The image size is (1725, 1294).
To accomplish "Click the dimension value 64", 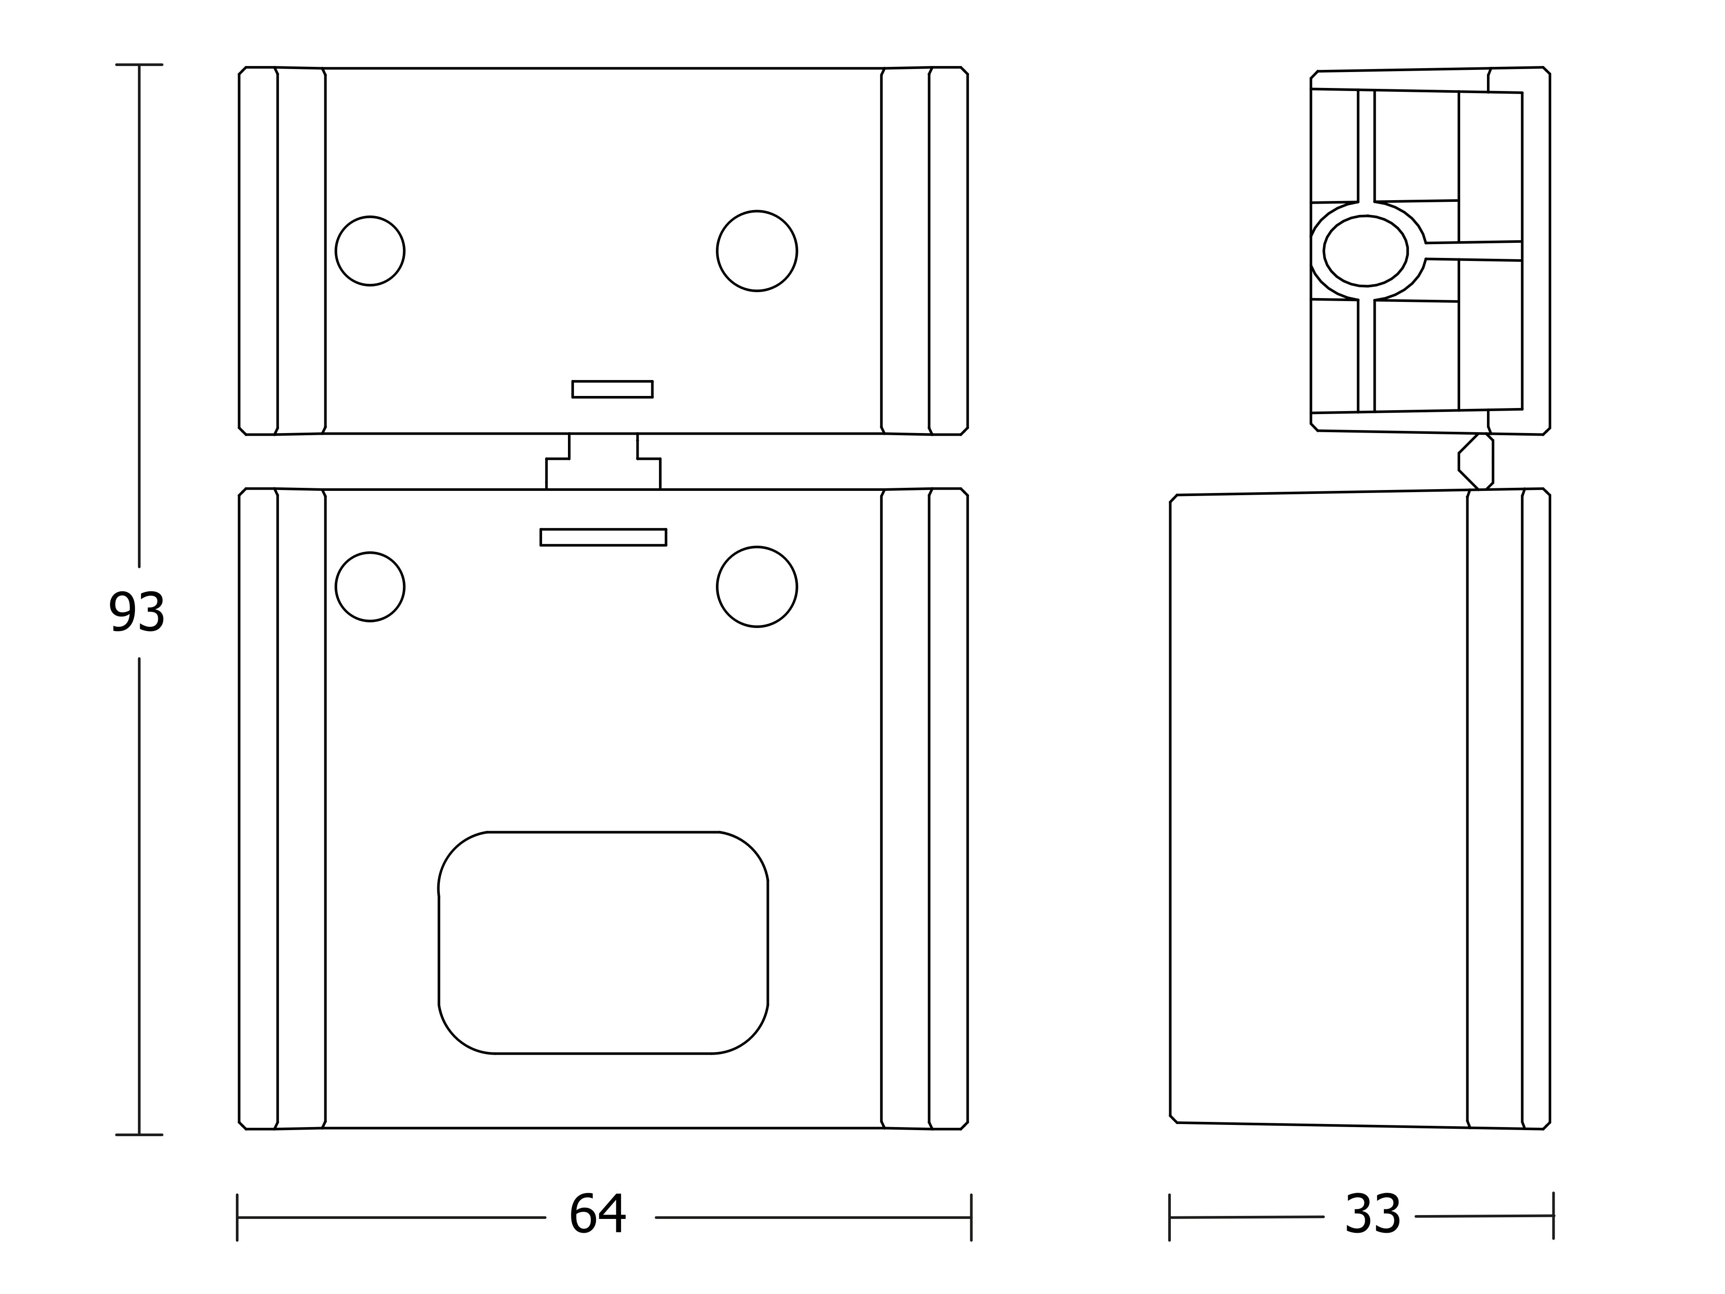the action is click(x=597, y=1215).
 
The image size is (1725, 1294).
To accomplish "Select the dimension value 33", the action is click(x=1373, y=1215).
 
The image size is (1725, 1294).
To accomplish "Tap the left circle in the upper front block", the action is click(x=370, y=251).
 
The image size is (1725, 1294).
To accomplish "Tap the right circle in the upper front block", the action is click(x=756, y=251).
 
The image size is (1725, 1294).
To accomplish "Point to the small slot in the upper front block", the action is click(x=612, y=389).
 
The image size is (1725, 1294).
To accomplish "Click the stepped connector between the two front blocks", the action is click(x=603, y=462).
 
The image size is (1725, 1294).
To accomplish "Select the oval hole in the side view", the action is click(x=1365, y=251).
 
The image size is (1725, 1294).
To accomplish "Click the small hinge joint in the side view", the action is click(x=1475, y=462).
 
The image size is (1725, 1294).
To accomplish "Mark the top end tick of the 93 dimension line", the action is click(x=139, y=65).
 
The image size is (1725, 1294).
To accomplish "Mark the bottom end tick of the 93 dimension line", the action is click(x=139, y=1135).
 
